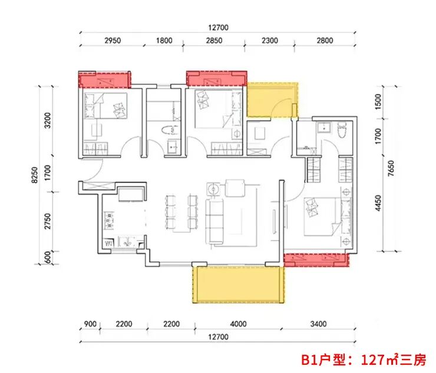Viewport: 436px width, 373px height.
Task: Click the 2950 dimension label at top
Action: click(113, 41)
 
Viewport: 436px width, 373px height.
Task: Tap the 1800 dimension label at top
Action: click(164, 41)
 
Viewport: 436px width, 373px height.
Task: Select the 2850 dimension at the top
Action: click(214, 41)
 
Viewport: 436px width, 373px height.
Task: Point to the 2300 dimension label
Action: click(270, 41)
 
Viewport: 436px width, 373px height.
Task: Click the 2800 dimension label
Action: click(325, 41)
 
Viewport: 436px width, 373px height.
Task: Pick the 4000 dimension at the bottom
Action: click(238, 324)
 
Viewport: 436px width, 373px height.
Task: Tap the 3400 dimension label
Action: click(318, 324)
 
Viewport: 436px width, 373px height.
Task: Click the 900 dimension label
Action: click(90, 324)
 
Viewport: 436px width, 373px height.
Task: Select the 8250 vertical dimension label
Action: click(35, 175)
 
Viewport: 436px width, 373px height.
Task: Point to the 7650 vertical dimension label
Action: click(391, 168)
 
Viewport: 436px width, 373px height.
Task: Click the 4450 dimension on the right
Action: click(378, 203)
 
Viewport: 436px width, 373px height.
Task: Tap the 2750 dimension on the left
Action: click(48, 221)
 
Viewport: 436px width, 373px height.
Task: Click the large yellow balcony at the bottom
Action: click(238, 284)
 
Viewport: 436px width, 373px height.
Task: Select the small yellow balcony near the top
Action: click(272, 99)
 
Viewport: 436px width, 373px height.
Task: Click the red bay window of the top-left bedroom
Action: click(104, 79)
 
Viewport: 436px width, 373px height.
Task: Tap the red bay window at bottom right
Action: click(316, 259)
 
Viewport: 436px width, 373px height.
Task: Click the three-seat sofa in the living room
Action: click(214, 221)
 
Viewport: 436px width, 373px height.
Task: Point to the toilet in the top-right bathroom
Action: click(342, 129)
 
